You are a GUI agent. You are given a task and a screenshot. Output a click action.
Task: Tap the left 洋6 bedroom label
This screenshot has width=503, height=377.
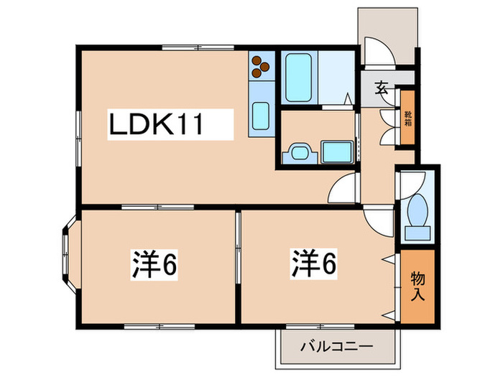point(154,265)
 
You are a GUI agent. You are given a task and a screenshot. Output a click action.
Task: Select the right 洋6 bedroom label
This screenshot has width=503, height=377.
point(313,264)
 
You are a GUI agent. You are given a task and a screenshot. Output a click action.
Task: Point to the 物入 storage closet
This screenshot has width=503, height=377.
point(417,285)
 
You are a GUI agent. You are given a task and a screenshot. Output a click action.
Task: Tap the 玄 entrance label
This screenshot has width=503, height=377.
point(382,90)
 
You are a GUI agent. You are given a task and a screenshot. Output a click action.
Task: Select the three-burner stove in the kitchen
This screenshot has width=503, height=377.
point(260,67)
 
